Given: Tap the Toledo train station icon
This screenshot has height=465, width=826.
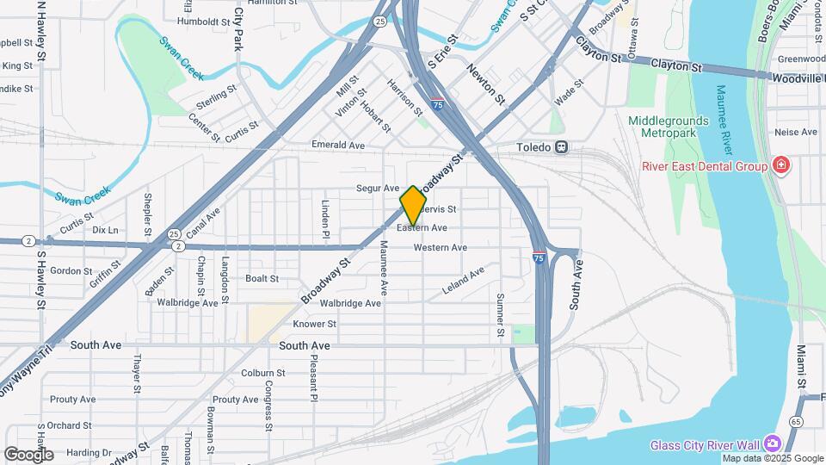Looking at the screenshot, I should point(561,147).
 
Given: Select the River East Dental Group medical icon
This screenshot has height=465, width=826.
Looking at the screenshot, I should point(781,164).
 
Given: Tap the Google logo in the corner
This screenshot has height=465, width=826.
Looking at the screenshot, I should point(28,455).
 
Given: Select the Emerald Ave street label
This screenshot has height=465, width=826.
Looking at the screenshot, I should point(338,145).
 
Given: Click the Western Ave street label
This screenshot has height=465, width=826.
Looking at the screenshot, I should point(440,248).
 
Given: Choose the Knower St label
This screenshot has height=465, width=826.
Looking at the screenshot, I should point(314,324).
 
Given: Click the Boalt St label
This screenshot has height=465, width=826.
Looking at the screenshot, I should point(262,278).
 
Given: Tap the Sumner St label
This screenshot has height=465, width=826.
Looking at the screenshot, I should point(500,315).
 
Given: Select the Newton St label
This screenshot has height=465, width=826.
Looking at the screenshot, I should point(485,84).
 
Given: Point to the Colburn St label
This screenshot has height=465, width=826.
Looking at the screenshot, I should point(257,373).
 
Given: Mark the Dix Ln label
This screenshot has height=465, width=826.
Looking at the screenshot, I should point(105,230).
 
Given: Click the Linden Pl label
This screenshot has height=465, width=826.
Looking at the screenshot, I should point(326,220).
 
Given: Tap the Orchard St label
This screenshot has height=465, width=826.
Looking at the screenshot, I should point(71,425).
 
